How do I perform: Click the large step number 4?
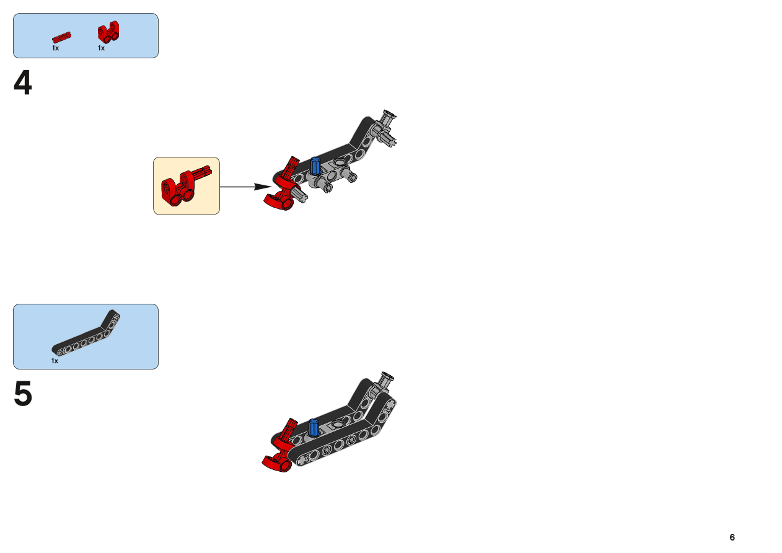tap(23, 82)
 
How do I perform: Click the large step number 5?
tap(23, 393)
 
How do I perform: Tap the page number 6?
tap(732, 537)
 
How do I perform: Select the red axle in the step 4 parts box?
tap(61, 37)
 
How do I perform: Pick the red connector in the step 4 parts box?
tap(108, 32)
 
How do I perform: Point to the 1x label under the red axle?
tap(56, 48)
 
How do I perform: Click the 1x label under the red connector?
tap(101, 48)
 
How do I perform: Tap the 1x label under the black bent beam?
tap(55, 361)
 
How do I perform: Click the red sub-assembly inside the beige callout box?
tap(185, 186)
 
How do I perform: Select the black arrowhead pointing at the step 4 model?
tap(262, 187)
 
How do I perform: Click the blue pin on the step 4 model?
tap(315, 166)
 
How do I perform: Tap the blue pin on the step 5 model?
tap(314, 428)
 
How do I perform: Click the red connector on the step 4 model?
tap(283, 185)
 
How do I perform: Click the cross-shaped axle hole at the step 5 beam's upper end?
tap(390, 404)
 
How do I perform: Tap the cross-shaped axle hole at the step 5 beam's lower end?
tap(302, 461)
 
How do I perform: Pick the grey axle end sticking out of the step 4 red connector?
tap(301, 194)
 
